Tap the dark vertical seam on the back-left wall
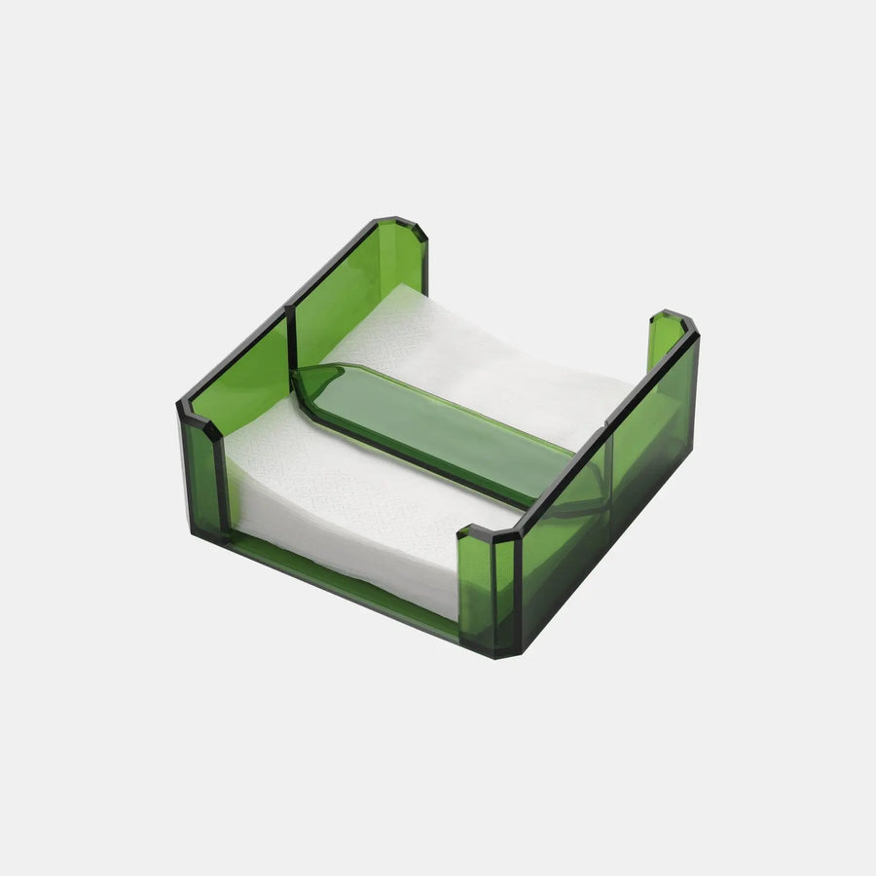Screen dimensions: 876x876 pyautogui.click(x=290, y=341)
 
